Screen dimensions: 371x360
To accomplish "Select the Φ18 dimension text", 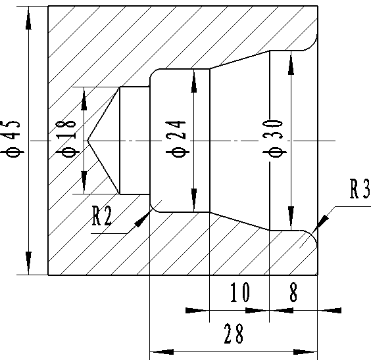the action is point(66,139).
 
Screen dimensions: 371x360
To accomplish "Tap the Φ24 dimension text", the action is point(176,139).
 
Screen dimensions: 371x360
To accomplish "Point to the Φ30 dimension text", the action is point(274,139).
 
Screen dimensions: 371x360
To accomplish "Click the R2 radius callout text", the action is point(102,216).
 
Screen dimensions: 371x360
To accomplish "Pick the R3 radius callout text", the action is point(360,189).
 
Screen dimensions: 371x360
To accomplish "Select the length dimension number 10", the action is point(240,292).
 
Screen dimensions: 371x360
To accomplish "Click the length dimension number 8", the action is point(293,292).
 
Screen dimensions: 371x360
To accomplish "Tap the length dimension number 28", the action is point(234,334).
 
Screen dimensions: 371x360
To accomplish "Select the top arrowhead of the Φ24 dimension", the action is point(194,81).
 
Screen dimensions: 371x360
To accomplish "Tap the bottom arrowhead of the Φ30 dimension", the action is point(291,218).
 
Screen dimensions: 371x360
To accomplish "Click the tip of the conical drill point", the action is point(87,141).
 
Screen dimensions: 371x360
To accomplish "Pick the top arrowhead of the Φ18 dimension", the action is point(84,99).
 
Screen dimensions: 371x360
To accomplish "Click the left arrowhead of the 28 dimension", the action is point(162,352).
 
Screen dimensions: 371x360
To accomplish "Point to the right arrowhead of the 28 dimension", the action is point(305,352).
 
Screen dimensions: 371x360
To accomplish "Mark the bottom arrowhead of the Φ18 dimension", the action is point(84,183).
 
